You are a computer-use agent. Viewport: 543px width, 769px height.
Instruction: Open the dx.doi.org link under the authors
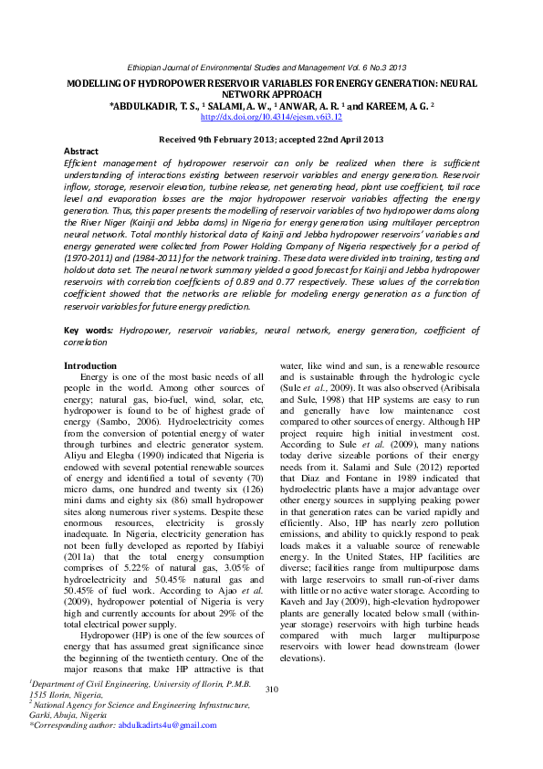point(271,117)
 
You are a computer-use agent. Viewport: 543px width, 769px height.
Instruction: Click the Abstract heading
point(81,151)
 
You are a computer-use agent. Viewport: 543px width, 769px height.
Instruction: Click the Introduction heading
point(90,365)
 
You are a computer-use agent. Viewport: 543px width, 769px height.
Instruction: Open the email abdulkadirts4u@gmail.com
point(168,725)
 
